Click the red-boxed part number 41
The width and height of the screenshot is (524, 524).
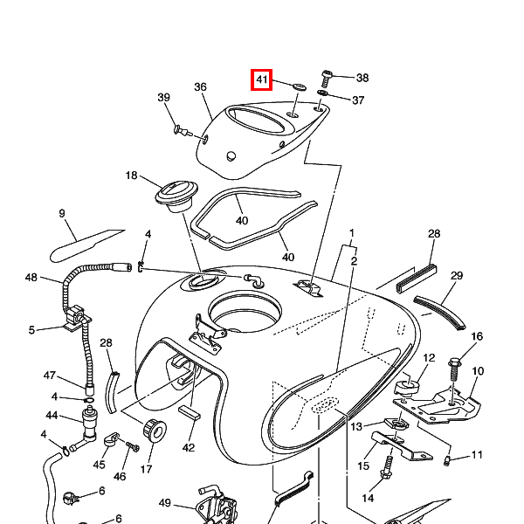(x=262, y=79)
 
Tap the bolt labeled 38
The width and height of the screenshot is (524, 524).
(x=326, y=79)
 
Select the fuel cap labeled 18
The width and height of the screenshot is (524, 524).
(x=176, y=196)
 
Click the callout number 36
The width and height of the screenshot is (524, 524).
(x=200, y=86)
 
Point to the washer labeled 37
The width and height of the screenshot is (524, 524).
(x=321, y=93)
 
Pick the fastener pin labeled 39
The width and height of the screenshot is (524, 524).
(x=183, y=131)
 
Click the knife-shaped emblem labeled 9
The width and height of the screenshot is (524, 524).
(x=86, y=245)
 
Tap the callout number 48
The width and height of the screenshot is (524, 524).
(x=31, y=278)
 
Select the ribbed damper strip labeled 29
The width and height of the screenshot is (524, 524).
(x=439, y=313)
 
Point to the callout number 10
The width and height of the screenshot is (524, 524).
(x=478, y=371)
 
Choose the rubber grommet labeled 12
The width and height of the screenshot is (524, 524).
(x=407, y=388)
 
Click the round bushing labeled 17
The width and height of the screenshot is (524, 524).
(x=155, y=431)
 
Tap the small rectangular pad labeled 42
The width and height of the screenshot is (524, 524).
(x=190, y=413)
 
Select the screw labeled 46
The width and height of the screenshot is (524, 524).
(x=133, y=446)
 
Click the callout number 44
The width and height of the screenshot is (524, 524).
(x=52, y=415)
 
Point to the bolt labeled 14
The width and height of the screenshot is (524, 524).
(x=387, y=467)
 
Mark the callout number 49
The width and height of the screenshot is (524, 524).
(x=165, y=503)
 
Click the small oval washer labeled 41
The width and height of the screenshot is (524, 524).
(x=300, y=87)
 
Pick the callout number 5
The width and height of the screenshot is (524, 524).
(x=31, y=330)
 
